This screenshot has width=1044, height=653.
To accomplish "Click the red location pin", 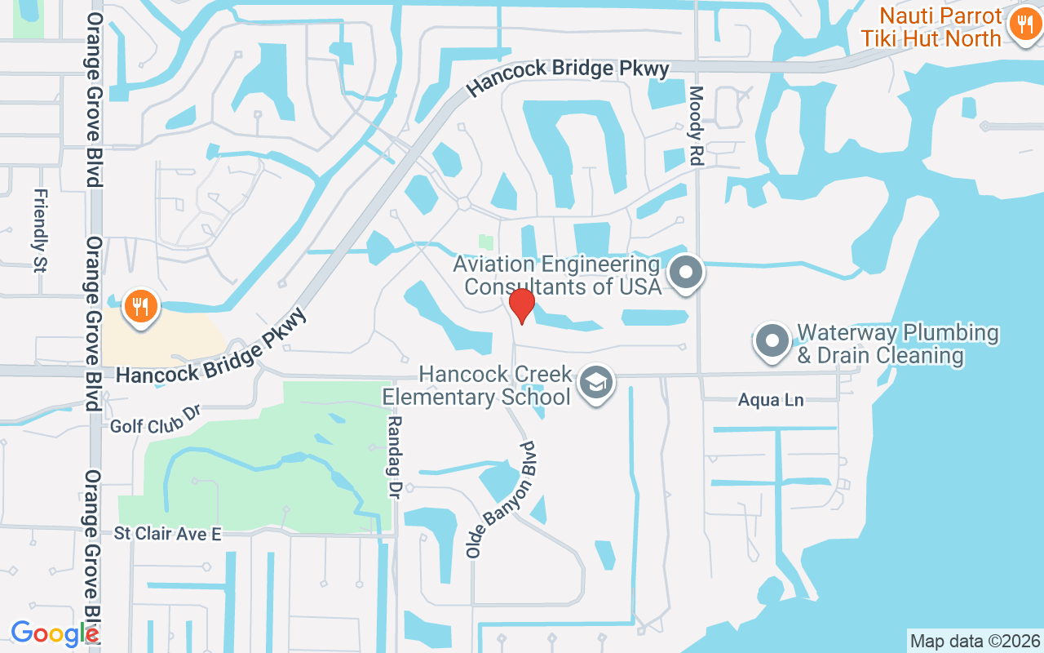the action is [x=521, y=306].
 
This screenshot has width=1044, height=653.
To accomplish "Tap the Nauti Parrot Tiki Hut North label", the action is [x=930, y=27].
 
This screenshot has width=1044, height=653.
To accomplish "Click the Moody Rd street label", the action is [x=696, y=127].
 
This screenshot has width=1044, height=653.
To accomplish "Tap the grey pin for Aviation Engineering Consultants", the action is [x=686, y=273].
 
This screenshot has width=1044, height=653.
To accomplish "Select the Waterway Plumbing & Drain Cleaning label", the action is [x=897, y=344].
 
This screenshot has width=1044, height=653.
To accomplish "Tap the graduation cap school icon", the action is [x=596, y=382].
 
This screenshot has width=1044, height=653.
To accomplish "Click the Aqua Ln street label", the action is [x=771, y=400].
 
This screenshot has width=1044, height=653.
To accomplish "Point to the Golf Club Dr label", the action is [x=155, y=419].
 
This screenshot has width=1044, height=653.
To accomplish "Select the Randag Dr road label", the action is [x=395, y=457].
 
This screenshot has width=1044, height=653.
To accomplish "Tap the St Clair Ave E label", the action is [x=167, y=534].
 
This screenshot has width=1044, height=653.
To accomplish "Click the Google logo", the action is [x=54, y=633].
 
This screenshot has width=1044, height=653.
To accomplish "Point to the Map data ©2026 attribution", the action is [x=975, y=641].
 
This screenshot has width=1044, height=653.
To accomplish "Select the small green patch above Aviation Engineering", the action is [x=485, y=242].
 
